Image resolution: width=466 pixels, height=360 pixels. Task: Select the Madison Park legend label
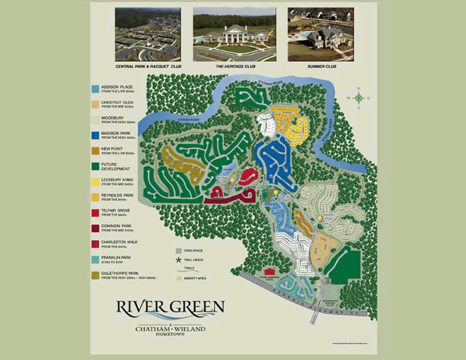117,134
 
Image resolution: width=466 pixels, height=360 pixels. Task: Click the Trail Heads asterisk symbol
178,259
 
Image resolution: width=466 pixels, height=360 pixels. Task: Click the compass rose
359,98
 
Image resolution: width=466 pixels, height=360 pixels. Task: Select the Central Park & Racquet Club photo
147,34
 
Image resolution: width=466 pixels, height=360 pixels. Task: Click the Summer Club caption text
320,67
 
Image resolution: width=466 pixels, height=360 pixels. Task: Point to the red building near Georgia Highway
270,271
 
